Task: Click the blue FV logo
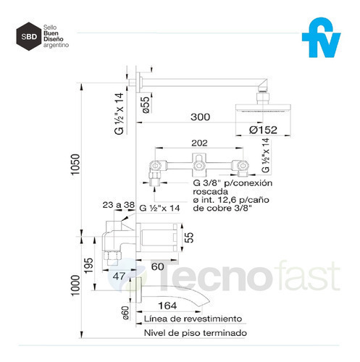(x=321, y=38)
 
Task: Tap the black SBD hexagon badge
(x=29, y=36)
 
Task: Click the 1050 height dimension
(x=75, y=164)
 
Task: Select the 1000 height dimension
(x=75, y=285)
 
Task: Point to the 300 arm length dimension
(x=201, y=117)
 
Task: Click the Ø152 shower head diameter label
(x=263, y=130)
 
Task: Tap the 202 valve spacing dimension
(x=199, y=143)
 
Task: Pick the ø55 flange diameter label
(x=146, y=105)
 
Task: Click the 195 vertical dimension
(x=88, y=266)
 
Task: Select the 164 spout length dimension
(x=167, y=306)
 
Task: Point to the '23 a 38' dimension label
(x=118, y=205)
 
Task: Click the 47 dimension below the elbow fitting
(x=119, y=276)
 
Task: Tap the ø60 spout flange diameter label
(x=125, y=313)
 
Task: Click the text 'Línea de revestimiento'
(x=193, y=319)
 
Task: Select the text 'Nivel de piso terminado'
(x=196, y=333)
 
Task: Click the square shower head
(x=263, y=108)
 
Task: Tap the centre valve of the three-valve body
(x=199, y=166)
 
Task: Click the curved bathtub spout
(x=173, y=293)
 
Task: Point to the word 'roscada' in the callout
(x=210, y=192)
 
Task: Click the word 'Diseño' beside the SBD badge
(x=54, y=39)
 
